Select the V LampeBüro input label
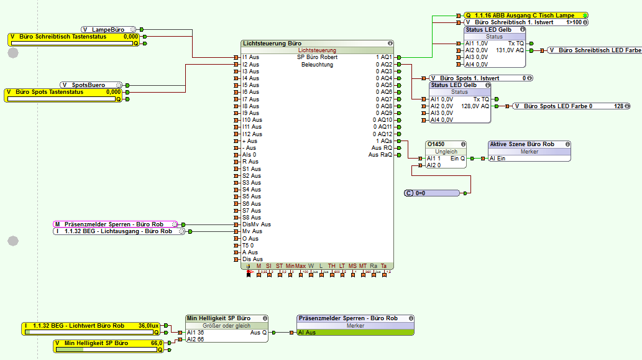click(108, 29)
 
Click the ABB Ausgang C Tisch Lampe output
click(525, 15)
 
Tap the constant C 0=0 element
click(432, 193)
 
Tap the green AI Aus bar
click(354, 333)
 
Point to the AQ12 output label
click(383, 134)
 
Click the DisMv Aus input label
click(256, 224)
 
